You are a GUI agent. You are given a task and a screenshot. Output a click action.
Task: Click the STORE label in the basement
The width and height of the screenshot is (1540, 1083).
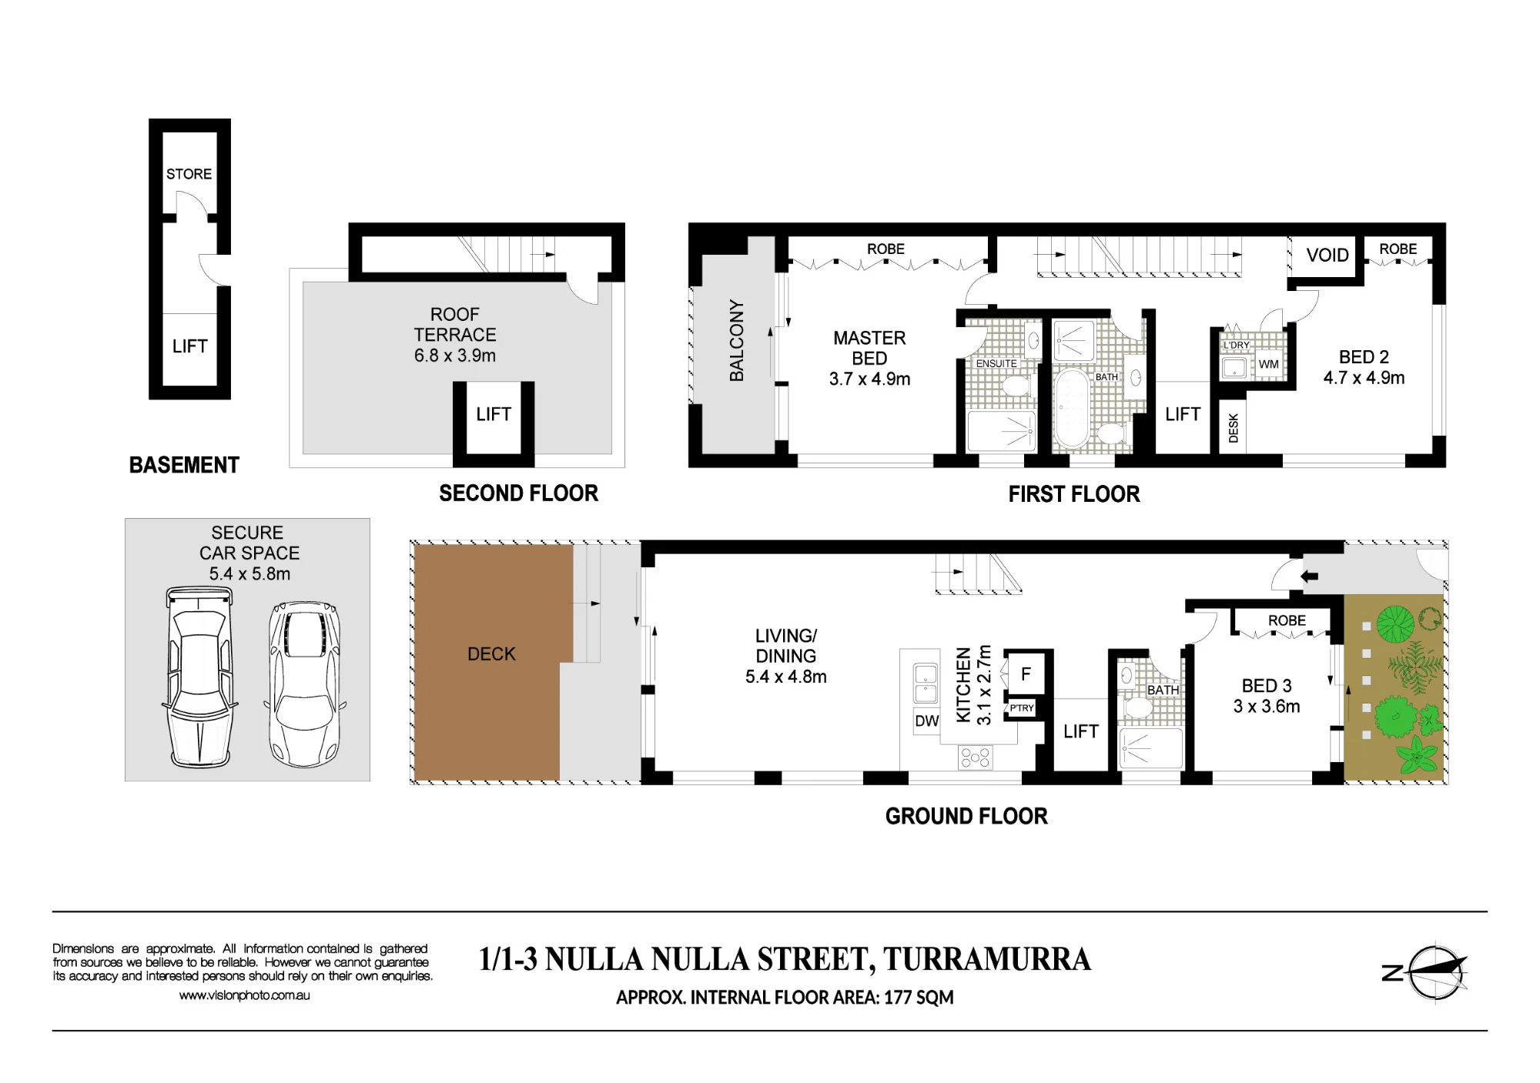click(x=189, y=174)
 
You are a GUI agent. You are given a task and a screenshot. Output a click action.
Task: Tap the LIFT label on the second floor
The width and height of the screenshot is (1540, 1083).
click(x=494, y=414)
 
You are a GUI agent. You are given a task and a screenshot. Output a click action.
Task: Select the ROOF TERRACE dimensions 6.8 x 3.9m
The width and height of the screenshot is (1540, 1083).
click(x=455, y=356)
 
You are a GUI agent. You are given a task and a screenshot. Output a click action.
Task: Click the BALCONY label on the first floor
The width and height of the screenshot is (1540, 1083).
click(x=737, y=340)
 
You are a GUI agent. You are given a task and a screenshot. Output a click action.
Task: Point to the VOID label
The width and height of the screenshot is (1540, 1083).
click(x=1327, y=255)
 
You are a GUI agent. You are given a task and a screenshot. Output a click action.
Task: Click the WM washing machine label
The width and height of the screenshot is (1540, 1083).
click(x=1269, y=364)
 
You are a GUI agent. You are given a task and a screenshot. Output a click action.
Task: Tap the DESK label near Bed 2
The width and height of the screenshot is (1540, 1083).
click(x=1234, y=428)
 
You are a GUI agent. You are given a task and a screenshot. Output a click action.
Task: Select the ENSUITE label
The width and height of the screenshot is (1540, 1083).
click(x=996, y=363)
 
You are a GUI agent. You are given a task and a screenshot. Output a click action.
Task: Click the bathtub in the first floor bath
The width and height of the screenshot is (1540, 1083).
click(x=1071, y=409)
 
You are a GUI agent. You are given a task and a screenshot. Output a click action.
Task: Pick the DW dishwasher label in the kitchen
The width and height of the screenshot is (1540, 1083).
click(x=927, y=721)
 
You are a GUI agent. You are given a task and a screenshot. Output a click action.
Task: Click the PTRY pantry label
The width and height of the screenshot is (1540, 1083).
click(x=1022, y=708)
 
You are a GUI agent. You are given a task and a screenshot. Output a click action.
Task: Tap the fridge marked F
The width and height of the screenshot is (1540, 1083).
click(x=1026, y=674)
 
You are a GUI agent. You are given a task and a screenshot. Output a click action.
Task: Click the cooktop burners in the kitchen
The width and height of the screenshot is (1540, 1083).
click(x=975, y=757)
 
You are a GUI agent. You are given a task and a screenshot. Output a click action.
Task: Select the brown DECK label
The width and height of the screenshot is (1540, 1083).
click(x=491, y=653)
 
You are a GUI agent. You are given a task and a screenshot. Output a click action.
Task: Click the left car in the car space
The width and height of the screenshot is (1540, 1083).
click(x=199, y=677)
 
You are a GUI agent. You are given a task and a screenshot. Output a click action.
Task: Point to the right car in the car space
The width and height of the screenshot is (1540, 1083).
click(x=305, y=684)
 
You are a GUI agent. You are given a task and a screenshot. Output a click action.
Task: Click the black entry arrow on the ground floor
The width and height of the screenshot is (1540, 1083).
click(x=1309, y=576)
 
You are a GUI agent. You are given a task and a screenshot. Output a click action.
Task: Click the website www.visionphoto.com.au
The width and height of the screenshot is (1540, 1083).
click(x=245, y=995)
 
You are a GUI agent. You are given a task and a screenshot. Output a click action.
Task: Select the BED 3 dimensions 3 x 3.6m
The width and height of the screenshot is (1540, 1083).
click(x=1267, y=707)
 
